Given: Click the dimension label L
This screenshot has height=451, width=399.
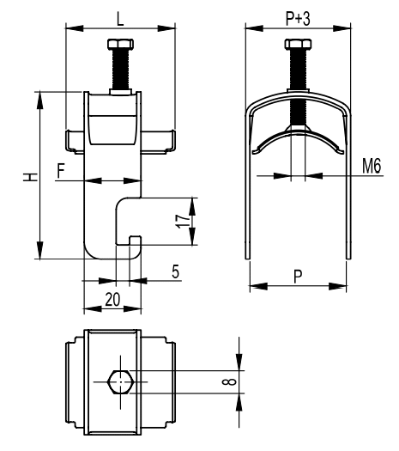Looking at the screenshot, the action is [120, 19].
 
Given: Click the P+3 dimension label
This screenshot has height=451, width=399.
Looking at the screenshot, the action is [298, 19].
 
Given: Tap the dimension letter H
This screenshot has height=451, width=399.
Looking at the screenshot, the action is [30, 177].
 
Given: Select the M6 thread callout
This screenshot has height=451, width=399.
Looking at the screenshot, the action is [372, 166].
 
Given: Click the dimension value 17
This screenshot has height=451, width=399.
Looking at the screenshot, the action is [183, 221].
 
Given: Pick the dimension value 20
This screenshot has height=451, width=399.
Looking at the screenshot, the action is [112, 299].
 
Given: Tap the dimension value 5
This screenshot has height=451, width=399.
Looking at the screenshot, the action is [176, 271].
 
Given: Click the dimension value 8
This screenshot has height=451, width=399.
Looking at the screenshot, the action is [229, 381].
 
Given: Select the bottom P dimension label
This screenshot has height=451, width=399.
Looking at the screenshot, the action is [298, 277].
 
